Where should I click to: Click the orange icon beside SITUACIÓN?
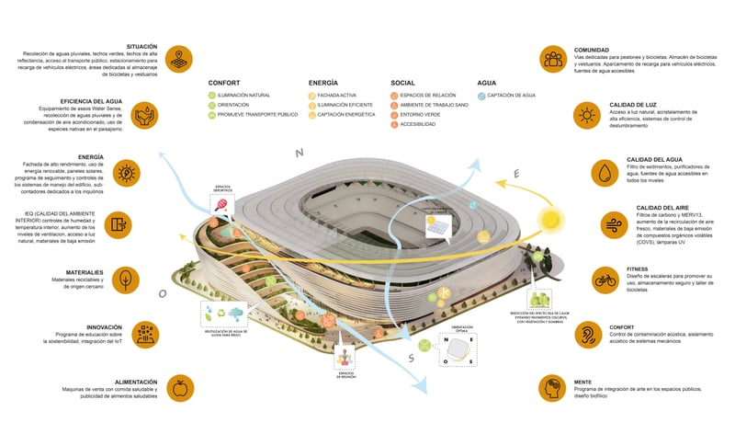click(179, 58)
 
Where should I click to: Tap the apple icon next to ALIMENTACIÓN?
click(179, 389)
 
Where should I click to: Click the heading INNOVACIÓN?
click(111, 326)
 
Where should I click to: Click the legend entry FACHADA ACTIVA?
click(337, 95)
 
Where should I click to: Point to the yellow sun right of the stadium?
click(551, 221)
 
